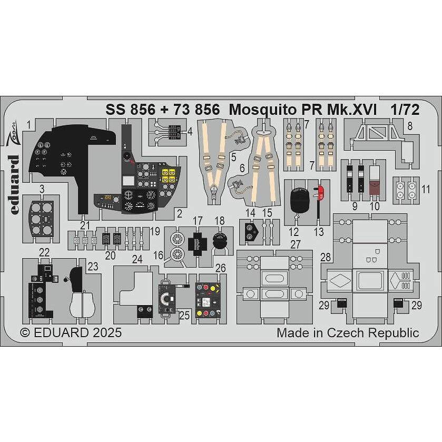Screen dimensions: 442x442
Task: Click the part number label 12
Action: pyautogui.click(x=293, y=231)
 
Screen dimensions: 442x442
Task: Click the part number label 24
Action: pyautogui.click(x=137, y=259)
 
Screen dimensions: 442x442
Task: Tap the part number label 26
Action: pyautogui.click(x=221, y=268)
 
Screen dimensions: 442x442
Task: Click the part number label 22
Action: pyautogui.click(x=44, y=252)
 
